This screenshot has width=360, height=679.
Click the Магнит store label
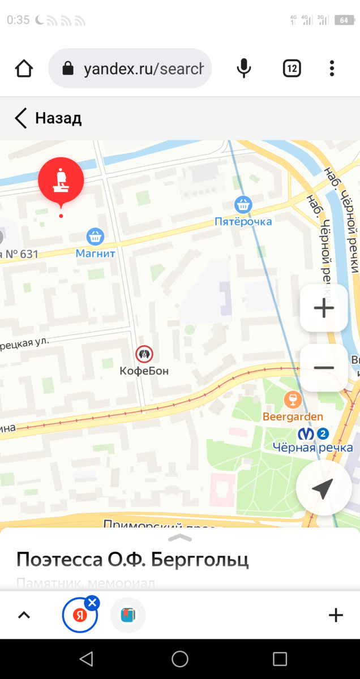pyautogui.click(x=95, y=253)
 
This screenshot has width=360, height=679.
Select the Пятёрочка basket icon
pyautogui.click(x=243, y=204)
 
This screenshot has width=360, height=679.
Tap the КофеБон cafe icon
pyautogui.click(x=144, y=355)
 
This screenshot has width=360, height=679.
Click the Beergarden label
pyautogui.click(x=293, y=417)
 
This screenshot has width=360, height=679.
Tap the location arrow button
pyautogui.click(x=323, y=489)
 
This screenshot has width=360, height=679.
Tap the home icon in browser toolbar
pyautogui.click(x=24, y=68)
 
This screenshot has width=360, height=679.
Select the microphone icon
pyautogui.click(x=243, y=68)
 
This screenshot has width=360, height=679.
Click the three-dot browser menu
pyautogui.click(x=332, y=68)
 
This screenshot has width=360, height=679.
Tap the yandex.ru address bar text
pyautogui.click(x=143, y=69)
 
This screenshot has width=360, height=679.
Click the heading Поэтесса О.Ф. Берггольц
pyautogui.click(x=132, y=559)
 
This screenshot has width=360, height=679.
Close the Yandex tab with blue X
pyautogui.click(x=93, y=603)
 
